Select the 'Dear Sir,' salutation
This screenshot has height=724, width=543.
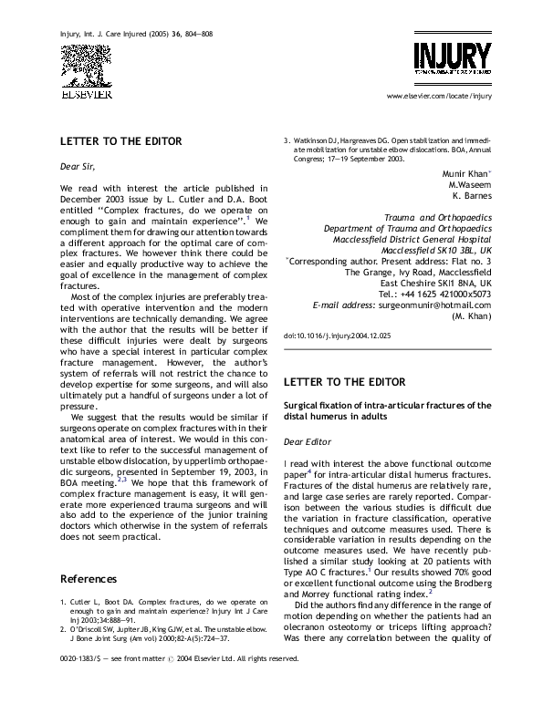click(77, 167)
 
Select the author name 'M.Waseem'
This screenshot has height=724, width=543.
click(469, 183)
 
